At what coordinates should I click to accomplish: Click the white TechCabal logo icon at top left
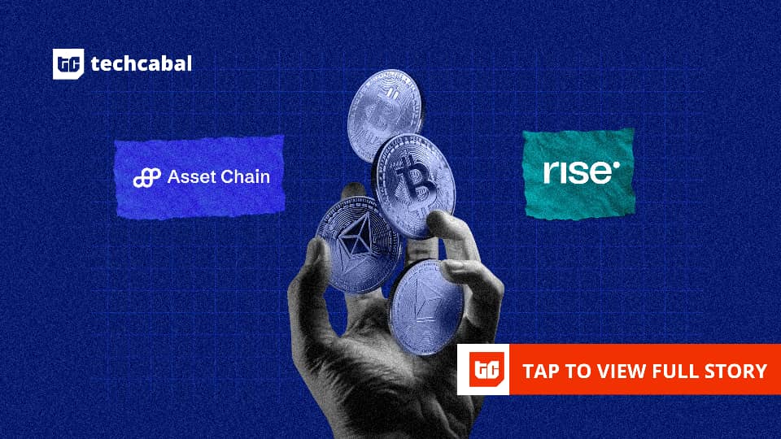(68, 63)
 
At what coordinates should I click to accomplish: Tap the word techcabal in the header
(142, 63)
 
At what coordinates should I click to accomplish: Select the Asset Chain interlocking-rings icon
(147, 178)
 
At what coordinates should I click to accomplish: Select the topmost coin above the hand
(385, 115)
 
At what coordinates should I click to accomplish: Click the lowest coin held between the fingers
(425, 307)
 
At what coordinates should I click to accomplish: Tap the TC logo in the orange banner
(486, 370)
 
